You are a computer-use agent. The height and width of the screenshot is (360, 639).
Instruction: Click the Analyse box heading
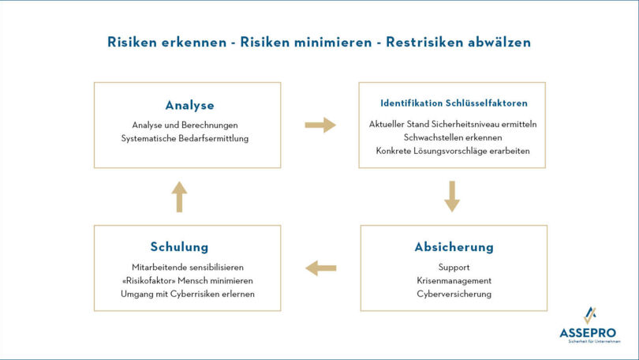(189, 105)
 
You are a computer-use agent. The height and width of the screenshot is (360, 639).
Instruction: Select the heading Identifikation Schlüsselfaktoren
(454, 103)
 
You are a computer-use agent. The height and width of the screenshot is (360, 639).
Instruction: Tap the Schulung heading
(179, 247)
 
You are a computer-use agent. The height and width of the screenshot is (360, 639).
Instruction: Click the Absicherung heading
(454, 247)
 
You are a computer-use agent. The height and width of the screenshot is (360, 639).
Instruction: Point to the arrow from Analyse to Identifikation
(319, 125)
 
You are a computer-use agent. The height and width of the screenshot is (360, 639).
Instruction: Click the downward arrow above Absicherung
(451, 197)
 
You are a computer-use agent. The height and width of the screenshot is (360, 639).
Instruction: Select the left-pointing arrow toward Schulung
(320, 268)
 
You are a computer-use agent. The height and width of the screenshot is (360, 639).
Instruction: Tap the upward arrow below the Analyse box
(179, 197)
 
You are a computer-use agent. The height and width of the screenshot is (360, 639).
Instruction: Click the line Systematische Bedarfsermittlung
(185, 138)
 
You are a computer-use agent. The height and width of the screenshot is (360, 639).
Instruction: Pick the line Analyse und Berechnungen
(185, 125)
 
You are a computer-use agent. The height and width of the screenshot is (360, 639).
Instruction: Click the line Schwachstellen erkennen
(454, 137)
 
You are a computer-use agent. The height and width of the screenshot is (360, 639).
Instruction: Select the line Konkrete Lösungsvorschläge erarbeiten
(453, 151)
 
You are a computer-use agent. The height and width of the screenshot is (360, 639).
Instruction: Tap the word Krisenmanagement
(454, 280)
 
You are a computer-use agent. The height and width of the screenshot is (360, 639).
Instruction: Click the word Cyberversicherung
(454, 294)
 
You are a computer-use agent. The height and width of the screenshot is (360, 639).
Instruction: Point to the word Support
(454, 267)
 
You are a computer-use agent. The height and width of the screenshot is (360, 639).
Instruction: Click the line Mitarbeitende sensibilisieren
(187, 267)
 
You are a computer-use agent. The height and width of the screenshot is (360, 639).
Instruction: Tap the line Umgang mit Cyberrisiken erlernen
(187, 294)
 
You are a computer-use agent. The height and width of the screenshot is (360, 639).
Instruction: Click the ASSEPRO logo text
(588, 333)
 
